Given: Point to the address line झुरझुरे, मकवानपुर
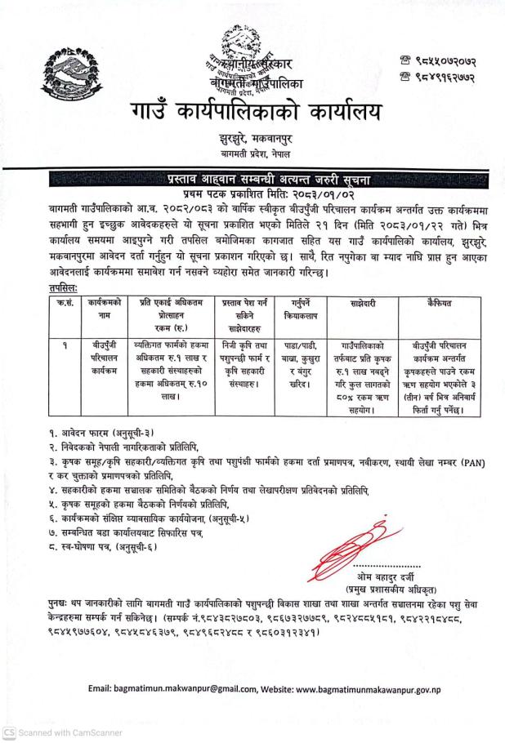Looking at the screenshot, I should (252, 140).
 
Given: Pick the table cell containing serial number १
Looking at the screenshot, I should (62, 345).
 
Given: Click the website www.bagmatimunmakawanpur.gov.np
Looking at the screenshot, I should (380, 689).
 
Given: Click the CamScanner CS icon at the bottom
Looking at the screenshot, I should (9, 732).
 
